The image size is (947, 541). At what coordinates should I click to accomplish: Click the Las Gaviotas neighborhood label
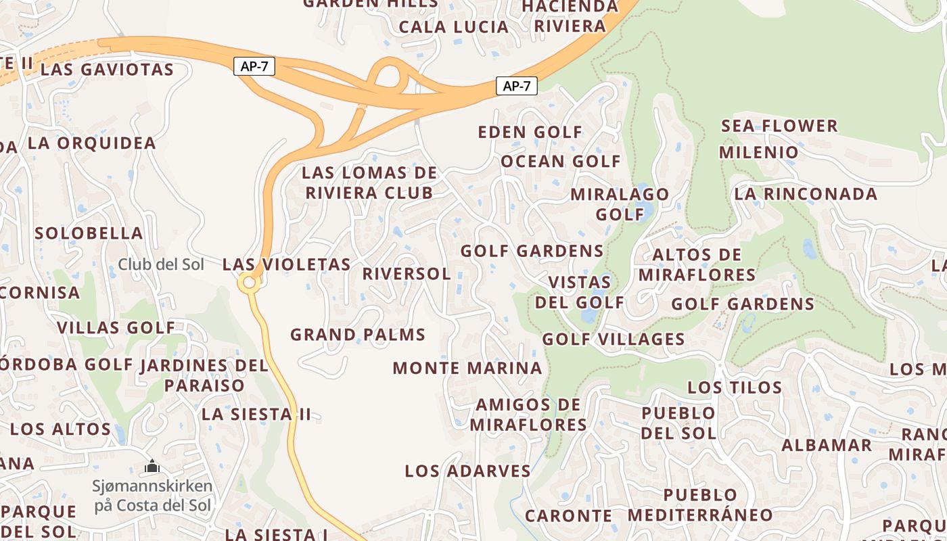tap(107, 70)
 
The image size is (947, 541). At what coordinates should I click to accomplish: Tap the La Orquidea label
tap(92, 143)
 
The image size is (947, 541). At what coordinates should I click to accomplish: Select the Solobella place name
tap(89, 233)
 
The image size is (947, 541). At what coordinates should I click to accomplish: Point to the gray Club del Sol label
tap(161, 264)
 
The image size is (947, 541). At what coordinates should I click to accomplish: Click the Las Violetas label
tap(286, 264)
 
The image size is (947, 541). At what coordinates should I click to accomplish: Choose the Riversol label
tap(407, 274)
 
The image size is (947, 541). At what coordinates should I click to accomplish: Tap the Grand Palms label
tap(358, 335)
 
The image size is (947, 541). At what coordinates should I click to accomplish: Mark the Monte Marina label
tap(467, 369)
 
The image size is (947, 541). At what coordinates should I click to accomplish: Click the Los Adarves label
tap(467, 471)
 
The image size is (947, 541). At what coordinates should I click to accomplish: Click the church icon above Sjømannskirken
tap(152, 466)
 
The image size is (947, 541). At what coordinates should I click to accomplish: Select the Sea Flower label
tap(779, 126)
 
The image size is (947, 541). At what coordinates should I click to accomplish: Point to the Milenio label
tap(759, 152)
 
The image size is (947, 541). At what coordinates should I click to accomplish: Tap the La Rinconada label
tap(806, 194)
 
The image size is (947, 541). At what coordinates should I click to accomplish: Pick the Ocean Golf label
tap(560, 162)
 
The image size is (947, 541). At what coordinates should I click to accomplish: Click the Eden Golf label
tap(530, 132)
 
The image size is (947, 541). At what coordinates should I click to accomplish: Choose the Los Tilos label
tap(735, 388)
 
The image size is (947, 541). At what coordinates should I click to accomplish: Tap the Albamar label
tap(827, 446)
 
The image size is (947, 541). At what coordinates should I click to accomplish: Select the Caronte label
tap(568, 516)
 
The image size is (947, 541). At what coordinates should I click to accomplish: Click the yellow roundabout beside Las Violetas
tap(250, 283)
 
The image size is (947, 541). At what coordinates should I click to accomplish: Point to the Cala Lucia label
tap(453, 27)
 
